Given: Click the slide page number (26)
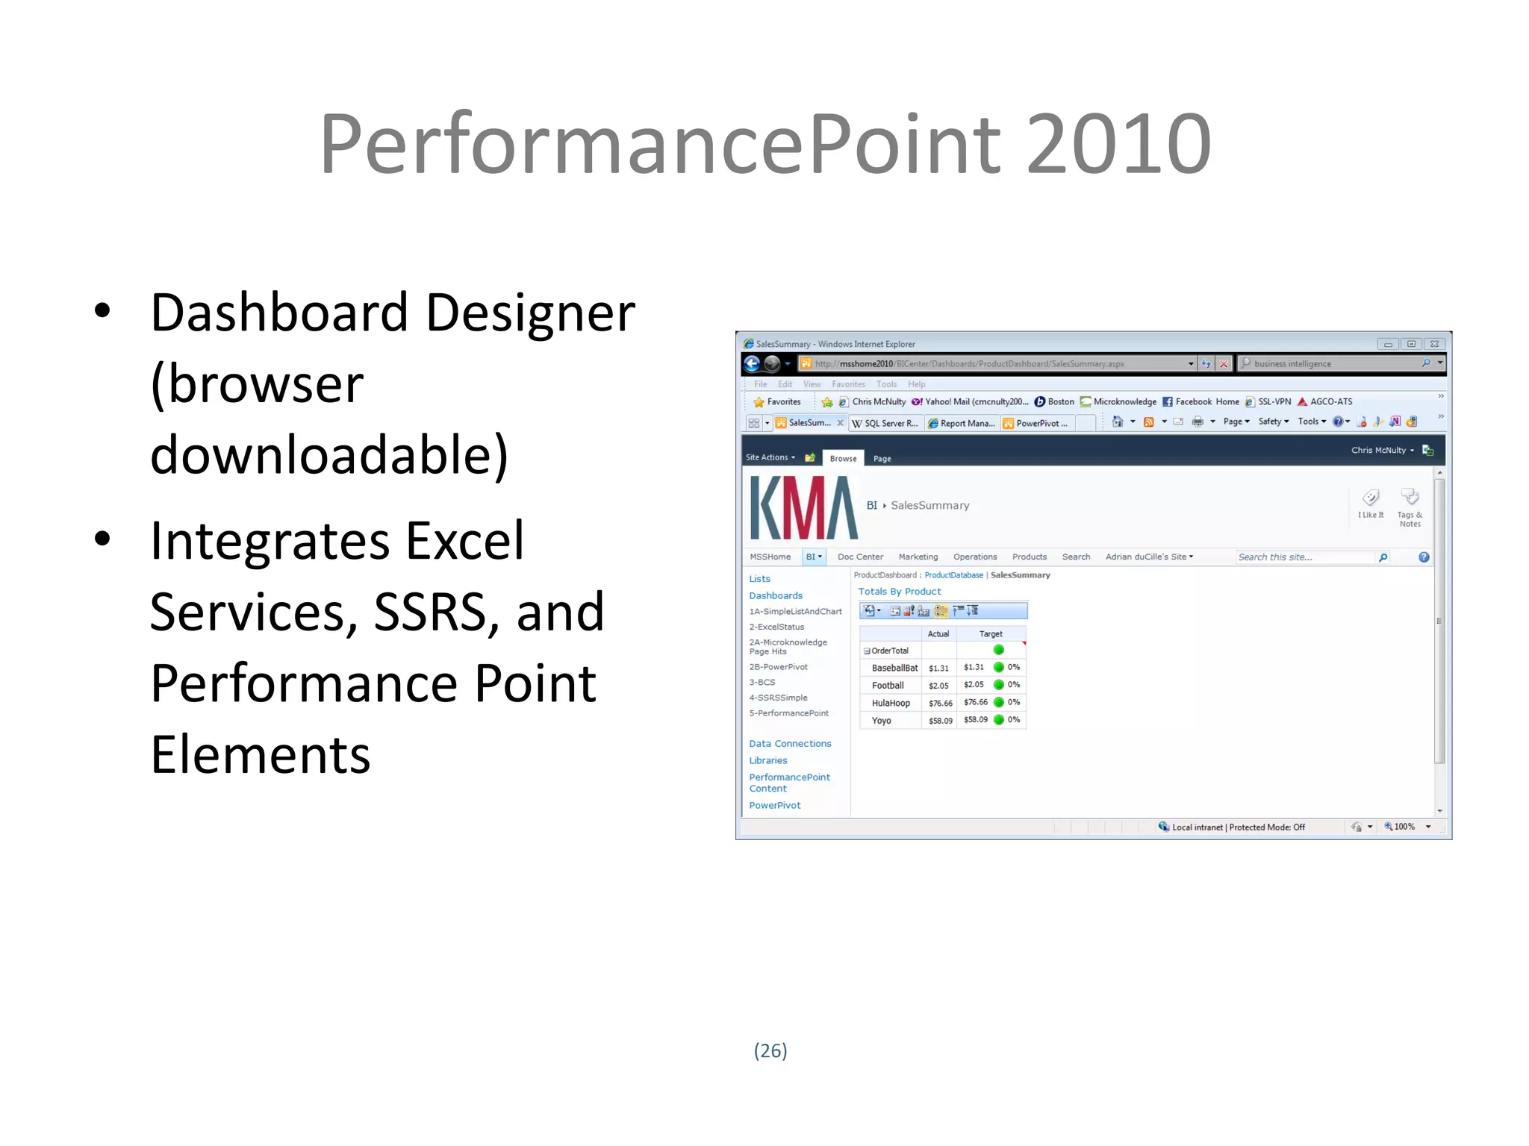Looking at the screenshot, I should click(770, 1050).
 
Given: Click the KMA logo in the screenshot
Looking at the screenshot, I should click(803, 508).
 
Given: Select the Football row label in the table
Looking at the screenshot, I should click(888, 686).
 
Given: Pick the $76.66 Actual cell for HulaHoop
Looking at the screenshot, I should click(940, 704).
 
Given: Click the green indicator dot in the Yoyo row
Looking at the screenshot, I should click(999, 720).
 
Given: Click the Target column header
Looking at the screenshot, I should click(990, 634).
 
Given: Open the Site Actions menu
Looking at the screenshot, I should click(770, 457).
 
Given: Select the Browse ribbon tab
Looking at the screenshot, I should click(843, 459).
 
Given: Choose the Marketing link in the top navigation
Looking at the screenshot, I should click(918, 557).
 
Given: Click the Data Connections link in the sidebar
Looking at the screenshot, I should click(790, 744).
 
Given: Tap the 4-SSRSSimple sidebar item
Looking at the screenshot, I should click(778, 698).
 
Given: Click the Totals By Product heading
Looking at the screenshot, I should click(899, 592).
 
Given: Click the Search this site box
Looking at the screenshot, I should click(1304, 557).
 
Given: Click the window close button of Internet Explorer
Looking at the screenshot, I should click(1434, 344).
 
